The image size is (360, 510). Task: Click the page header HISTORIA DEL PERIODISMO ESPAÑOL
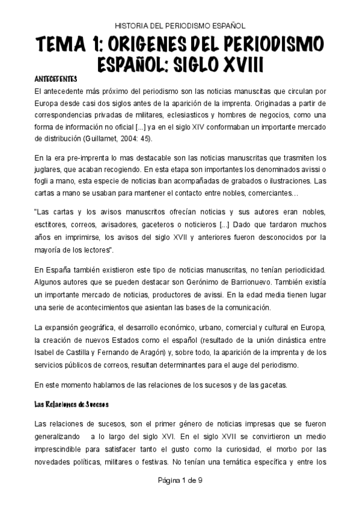[x=180, y=26]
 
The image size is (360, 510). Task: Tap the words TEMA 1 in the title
[x=67, y=45]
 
